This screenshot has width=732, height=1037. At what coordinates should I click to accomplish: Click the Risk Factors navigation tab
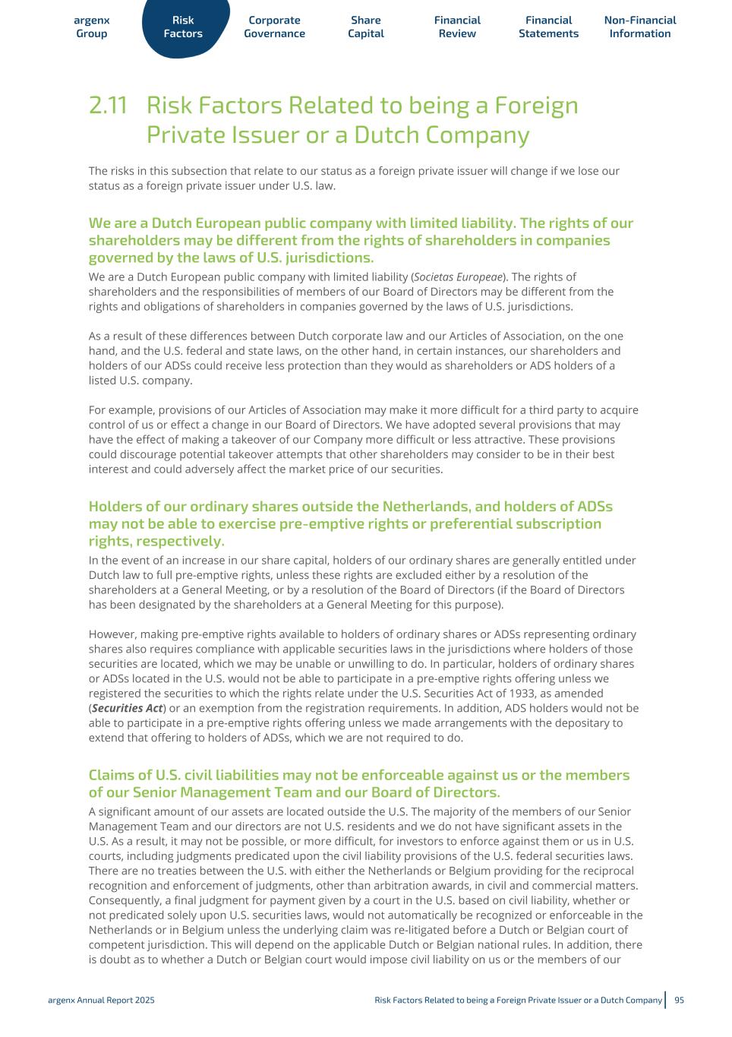coord(183,27)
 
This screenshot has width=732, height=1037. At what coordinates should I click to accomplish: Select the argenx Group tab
coord(92,27)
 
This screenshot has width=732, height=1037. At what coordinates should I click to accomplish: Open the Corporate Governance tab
coord(274,27)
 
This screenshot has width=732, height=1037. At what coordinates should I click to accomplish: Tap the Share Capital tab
coord(366,27)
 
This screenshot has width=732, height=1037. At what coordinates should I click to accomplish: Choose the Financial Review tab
coord(457,27)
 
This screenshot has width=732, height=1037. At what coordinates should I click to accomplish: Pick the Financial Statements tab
coord(548,27)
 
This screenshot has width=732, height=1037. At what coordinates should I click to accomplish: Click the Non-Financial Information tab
coord(640,27)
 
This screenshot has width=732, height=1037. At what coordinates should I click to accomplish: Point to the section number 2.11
coord(108,106)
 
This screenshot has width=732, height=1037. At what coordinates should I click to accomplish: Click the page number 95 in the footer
coord(679,1000)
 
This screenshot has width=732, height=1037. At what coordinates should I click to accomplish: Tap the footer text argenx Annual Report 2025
coord(101,1000)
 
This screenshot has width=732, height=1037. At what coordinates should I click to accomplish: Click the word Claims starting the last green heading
coord(112,775)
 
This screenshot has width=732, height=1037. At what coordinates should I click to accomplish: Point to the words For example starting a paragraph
coord(116,410)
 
